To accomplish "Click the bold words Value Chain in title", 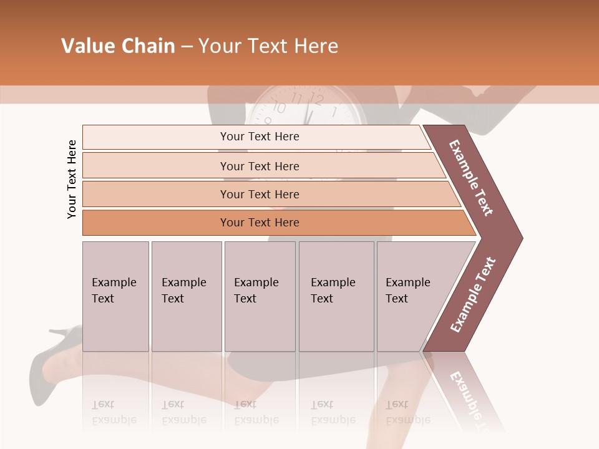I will (118, 46).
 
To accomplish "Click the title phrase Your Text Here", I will (268, 46).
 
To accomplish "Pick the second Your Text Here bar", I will (260, 166).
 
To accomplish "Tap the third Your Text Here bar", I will (260, 194).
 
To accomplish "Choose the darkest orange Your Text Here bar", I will (260, 223).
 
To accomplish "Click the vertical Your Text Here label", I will (72, 179).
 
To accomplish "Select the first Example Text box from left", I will (115, 296).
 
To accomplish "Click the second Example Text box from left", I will (186, 296).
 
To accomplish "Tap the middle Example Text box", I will (260, 296).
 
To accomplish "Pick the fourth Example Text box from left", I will (336, 296).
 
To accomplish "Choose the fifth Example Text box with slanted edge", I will (412, 296).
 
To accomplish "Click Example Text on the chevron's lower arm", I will (473, 295).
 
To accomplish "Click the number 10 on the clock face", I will (280, 108).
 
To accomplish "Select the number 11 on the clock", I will (298, 99).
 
